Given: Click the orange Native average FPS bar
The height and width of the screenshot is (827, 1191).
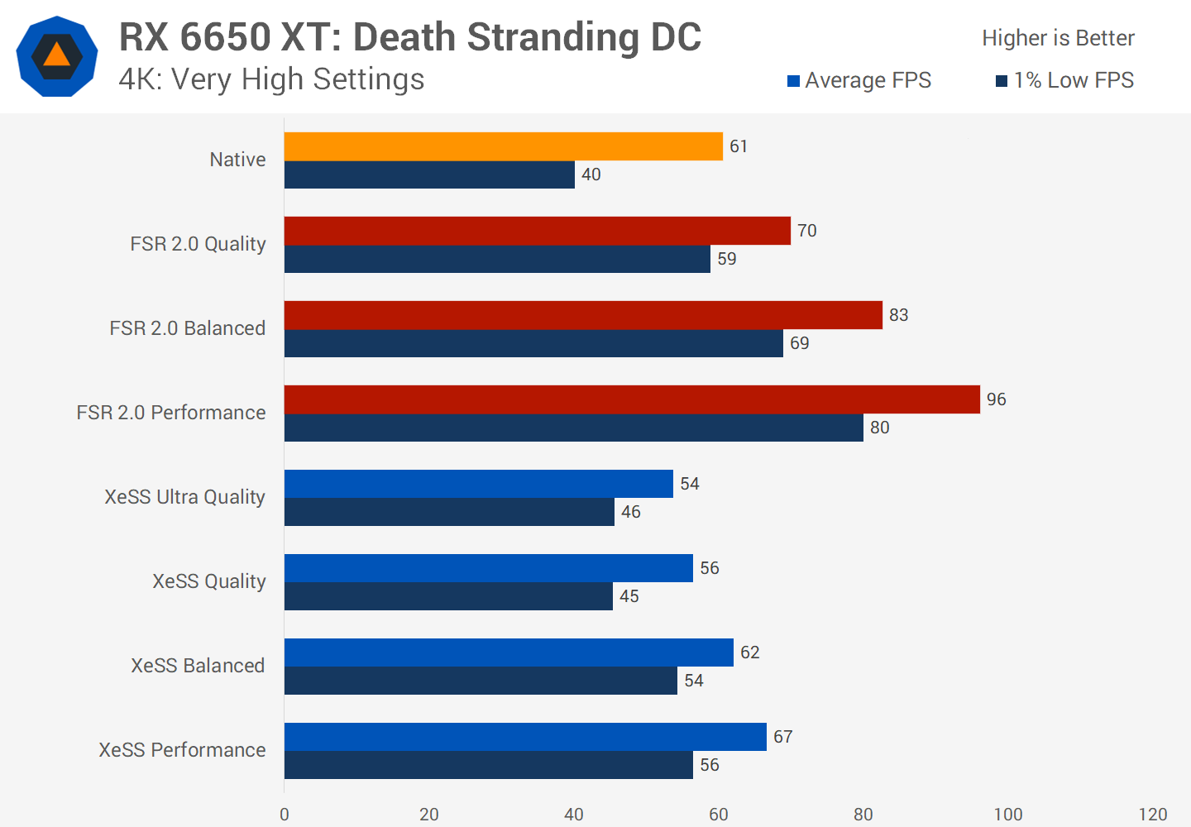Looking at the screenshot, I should (x=503, y=146).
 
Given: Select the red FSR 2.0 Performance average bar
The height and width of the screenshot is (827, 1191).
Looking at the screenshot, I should (x=632, y=399).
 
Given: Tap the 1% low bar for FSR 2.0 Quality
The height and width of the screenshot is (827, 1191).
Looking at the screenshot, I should (x=497, y=259).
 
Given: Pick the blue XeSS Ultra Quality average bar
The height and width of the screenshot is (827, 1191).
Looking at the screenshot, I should (x=478, y=484).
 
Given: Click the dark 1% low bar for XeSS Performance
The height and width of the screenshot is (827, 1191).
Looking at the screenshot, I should (x=488, y=765).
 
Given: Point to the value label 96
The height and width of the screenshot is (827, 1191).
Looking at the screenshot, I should (x=996, y=399).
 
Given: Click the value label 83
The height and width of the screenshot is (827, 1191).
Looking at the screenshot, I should (x=898, y=315).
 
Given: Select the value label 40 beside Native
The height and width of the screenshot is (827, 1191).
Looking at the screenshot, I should (x=591, y=174).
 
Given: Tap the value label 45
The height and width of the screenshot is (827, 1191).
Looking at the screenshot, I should (x=629, y=596).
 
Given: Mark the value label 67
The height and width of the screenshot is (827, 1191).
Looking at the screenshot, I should (x=782, y=737).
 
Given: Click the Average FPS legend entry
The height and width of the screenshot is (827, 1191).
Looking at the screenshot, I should (x=859, y=80).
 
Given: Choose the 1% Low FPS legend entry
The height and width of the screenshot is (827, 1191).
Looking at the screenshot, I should (x=1065, y=80).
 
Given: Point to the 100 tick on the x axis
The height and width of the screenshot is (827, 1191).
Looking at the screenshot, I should (x=1007, y=815).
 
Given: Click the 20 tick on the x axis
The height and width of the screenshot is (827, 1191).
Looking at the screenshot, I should (x=428, y=815).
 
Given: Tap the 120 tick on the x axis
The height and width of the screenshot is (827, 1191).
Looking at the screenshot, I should (x=1152, y=815).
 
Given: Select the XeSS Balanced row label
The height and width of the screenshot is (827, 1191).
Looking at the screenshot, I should (x=198, y=666).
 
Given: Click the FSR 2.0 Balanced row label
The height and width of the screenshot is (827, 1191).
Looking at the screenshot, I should (x=188, y=328).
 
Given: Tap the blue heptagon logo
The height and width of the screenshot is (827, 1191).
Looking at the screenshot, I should (x=57, y=56).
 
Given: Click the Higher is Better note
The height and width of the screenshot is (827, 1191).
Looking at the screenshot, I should (x=1058, y=38).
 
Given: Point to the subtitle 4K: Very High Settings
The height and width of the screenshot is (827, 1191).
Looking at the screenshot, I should (x=271, y=79).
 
